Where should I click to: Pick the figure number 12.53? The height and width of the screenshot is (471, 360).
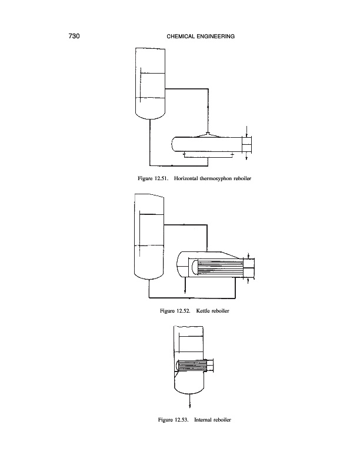coord(181,420)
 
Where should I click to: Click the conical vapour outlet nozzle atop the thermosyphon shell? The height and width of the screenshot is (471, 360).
coord(209,135)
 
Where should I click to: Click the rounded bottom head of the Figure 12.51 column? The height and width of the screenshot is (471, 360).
coord(149,110)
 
